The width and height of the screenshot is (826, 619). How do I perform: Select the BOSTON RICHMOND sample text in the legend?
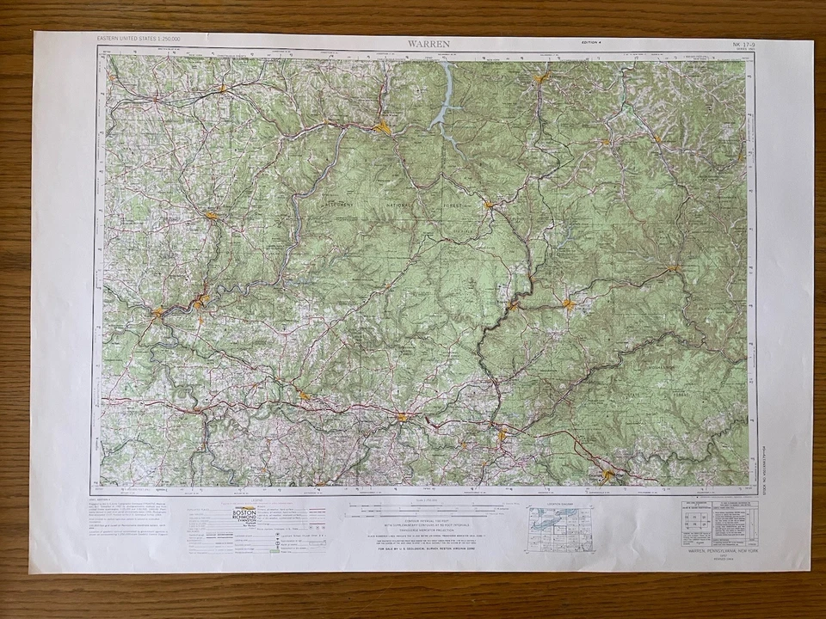point(244,514)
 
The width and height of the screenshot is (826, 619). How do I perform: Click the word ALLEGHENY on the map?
point(337,207)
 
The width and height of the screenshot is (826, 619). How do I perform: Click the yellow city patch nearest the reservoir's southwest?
point(382,129)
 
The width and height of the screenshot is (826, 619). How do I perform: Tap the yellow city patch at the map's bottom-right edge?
point(609,474)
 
